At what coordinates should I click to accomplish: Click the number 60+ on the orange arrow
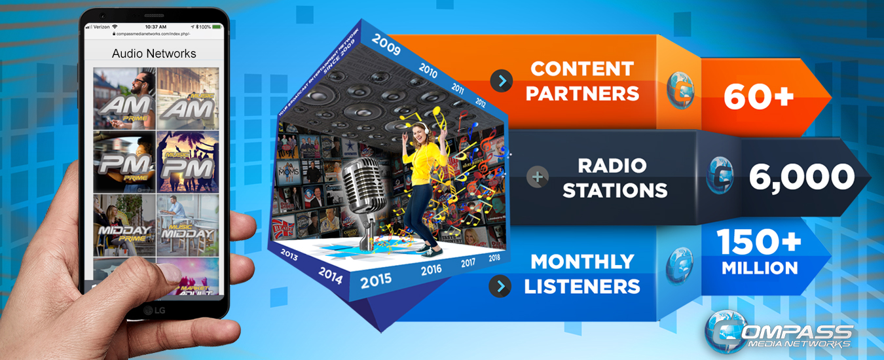point(758,96)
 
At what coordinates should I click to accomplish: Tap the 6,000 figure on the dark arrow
point(801,177)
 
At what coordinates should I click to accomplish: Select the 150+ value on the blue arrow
point(760,243)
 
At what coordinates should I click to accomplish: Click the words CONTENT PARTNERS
point(582,81)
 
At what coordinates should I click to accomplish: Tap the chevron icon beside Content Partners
point(501,81)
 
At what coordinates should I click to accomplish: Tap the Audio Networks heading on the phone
point(154,53)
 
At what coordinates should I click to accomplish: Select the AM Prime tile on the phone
point(124,98)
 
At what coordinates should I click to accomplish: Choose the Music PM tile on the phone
point(187,162)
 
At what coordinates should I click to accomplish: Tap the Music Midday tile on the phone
point(187,225)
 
